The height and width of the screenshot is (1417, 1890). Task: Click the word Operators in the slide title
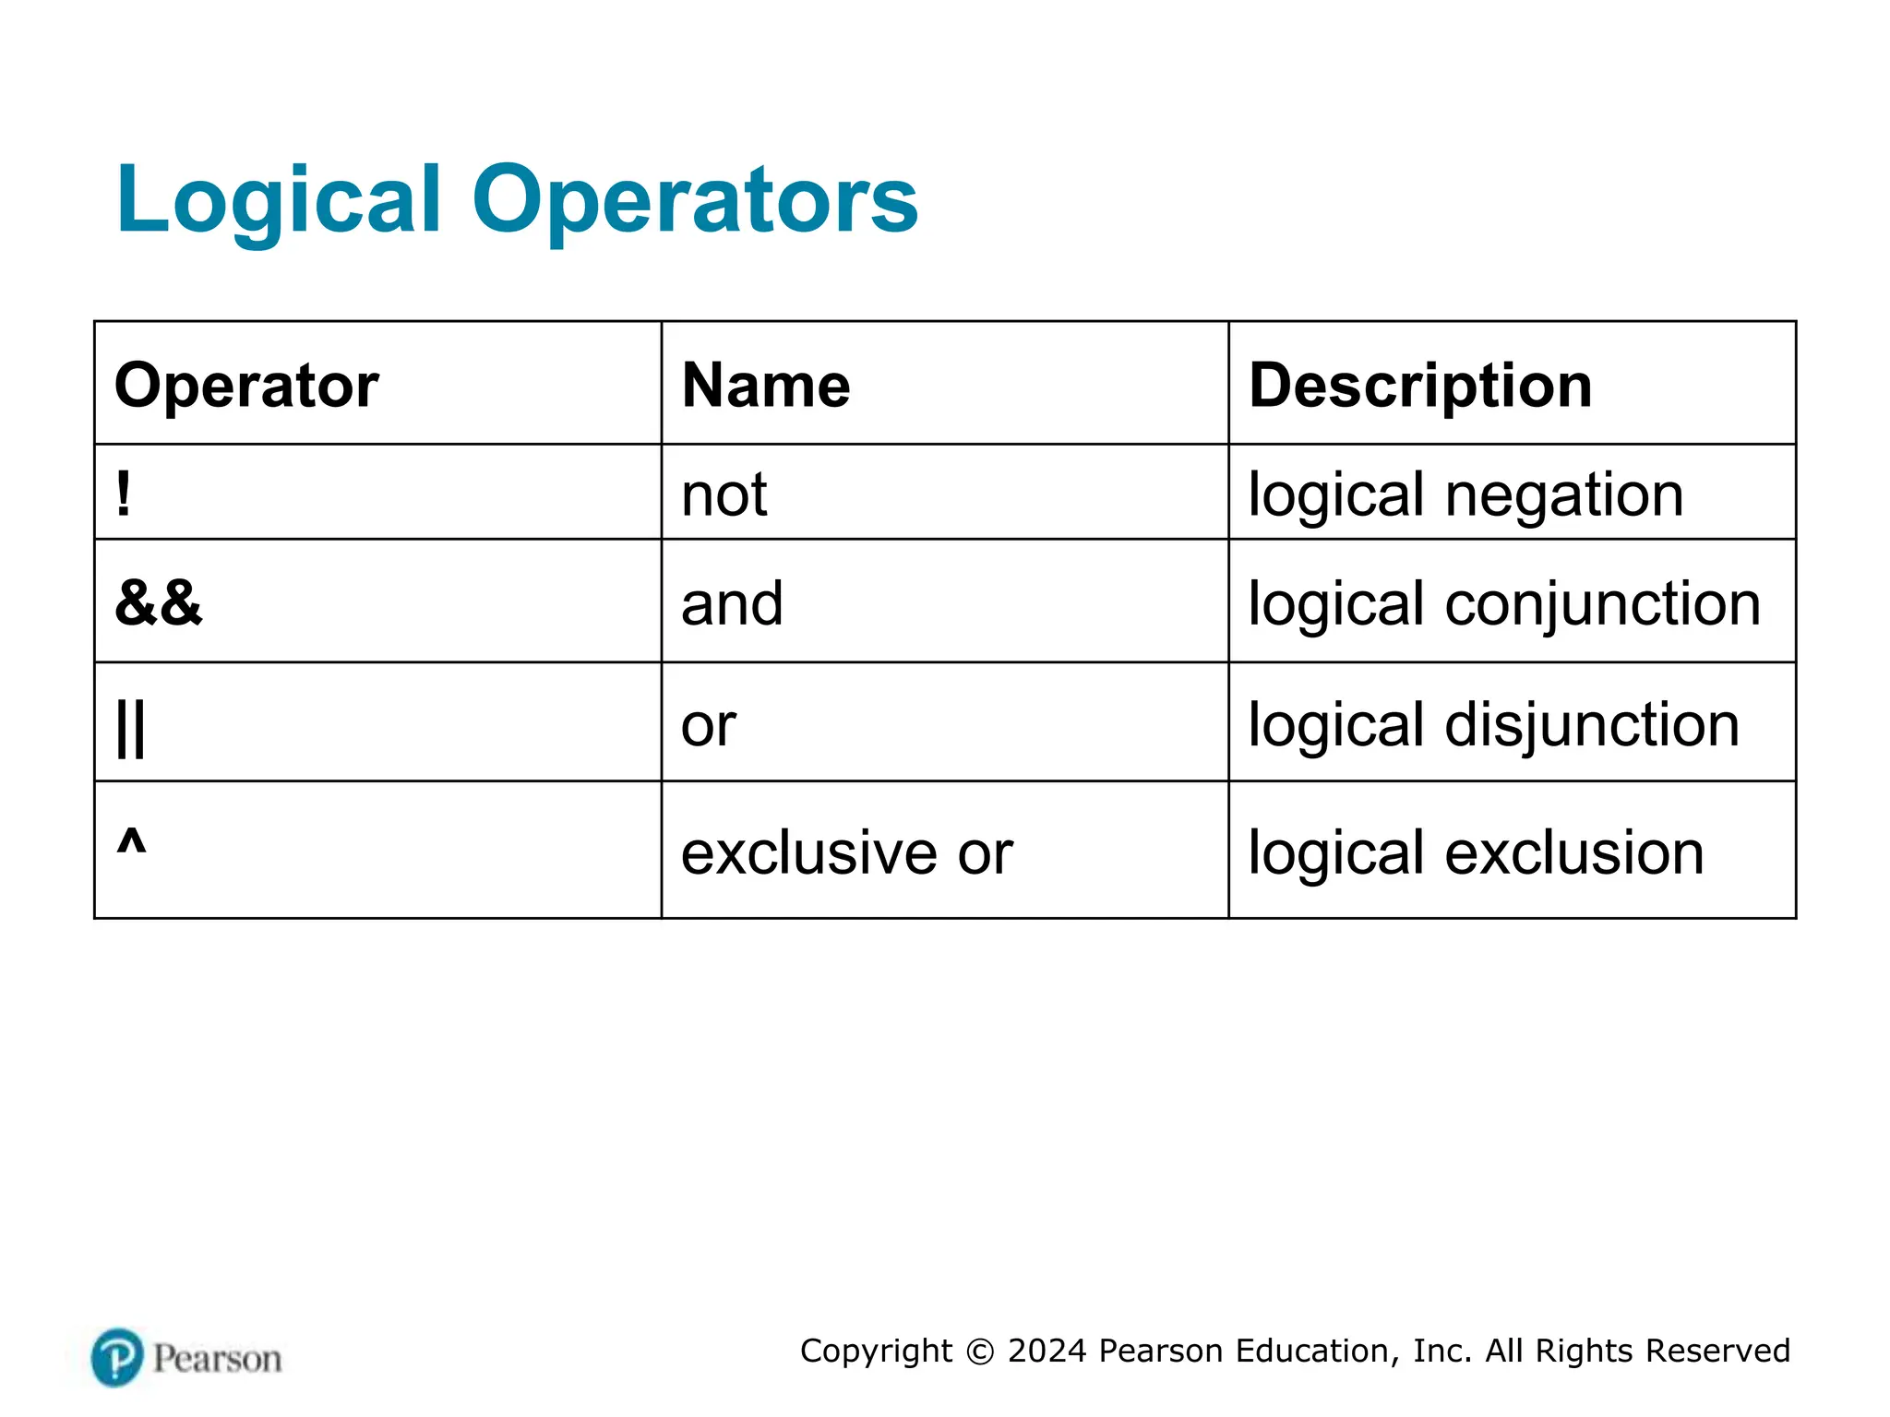pyautogui.click(x=695, y=200)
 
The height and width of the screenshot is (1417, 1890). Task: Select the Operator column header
pyautogui.click(x=246, y=385)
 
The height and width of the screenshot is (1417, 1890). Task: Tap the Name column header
pyautogui.click(x=766, y=385)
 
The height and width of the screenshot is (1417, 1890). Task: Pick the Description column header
pyautogui.click(x=1420, y=385)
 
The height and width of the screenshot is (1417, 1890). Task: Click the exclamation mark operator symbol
pyautogui.click(x=124, y=494)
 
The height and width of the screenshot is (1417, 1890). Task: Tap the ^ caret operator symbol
pyautogui.click(x=131, y=841)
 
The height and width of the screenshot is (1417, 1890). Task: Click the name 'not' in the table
pyautogui.click(x=724, y=495)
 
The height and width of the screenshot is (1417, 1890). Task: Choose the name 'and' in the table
pyautogui.click(x=732, y=604)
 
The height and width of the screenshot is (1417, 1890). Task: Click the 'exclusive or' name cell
pyautogui.click(x=846, y=852)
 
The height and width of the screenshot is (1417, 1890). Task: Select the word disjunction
pyautogui.click(x=1592, y=725)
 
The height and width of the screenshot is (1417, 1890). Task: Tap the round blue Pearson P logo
pyautogui.click(x=117, y=1357)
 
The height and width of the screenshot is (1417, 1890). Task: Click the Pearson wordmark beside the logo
pyautogui.click(x=217, y=1359)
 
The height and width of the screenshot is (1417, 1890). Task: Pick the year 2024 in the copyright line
pyautogui.click(x=1047, y=1351)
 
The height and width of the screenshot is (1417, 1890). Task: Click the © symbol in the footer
pyautogui.click(x=979, y=1352)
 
